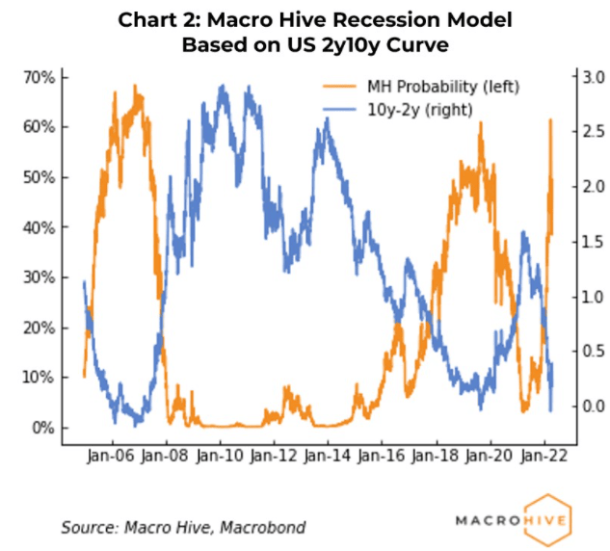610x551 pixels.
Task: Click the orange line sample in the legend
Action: point(336,87)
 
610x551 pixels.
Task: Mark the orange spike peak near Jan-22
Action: point(550,120)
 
